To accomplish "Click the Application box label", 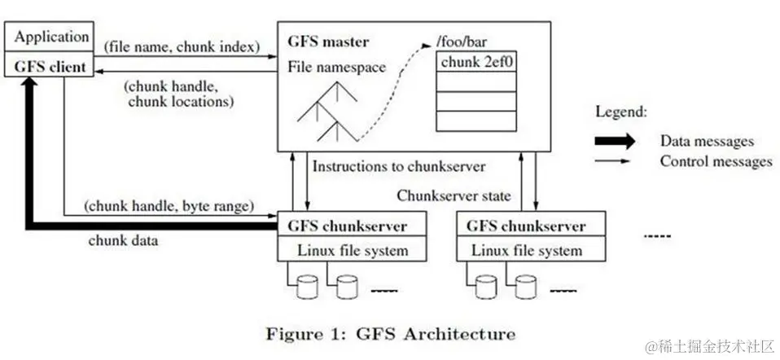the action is (52, 37).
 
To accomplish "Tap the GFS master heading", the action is (328, 42).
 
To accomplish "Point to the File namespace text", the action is (337, 67).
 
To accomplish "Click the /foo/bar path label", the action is (458, 42).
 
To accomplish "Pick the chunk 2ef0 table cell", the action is (476, 61).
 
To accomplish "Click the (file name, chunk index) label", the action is (182, 46).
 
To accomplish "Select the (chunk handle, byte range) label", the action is (169, 204).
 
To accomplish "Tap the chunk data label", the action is (124, 241).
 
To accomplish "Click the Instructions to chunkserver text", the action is (398, 166).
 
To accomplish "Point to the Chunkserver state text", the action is (454, 195).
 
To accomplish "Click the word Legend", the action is (622, 112).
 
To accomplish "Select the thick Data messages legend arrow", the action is (615, 142).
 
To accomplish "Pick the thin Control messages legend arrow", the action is (612, 161).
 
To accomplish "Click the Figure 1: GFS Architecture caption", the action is (391, 333).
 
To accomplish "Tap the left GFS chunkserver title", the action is (347, 226).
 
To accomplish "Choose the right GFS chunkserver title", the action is (526, 226).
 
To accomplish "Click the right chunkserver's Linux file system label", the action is (527, 249).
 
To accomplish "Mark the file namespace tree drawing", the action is (327, 112).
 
